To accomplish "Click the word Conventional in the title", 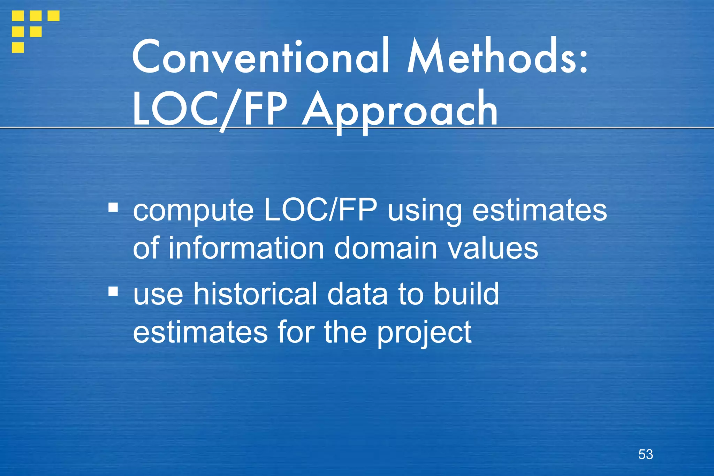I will tap(260, 56).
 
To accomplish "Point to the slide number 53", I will tap(645, 454).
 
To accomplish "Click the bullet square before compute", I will tap(113, 207).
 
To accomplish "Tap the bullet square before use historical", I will tap(113, 291).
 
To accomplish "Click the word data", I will tap(357, 294).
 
